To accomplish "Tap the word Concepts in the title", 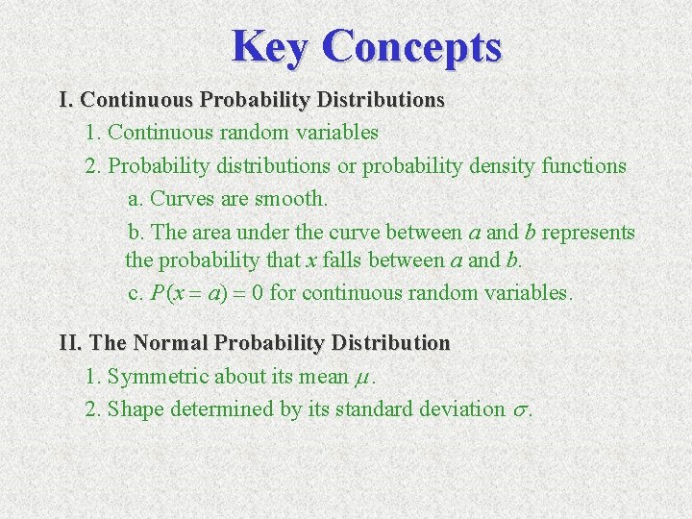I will [412, 45].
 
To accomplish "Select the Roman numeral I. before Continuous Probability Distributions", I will [66, 99].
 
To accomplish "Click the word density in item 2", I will [503, 165].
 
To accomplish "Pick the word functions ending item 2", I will [583, 165].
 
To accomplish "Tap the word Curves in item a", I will [180, 199].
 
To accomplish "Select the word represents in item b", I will [588, 233].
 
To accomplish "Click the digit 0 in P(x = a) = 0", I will [258, 293].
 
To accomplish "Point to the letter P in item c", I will [158, 293].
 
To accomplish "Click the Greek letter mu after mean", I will [362, 377].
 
